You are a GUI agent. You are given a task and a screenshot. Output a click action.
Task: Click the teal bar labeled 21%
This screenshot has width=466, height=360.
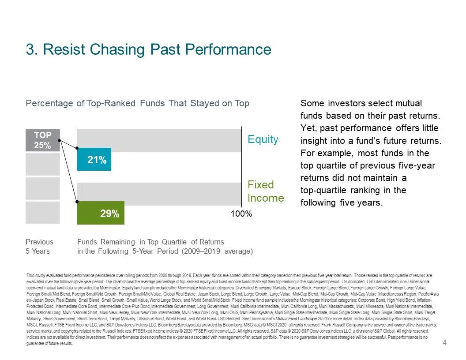(x=94, y=159)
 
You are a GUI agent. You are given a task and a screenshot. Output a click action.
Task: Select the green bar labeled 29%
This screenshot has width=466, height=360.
(x=101, y=213)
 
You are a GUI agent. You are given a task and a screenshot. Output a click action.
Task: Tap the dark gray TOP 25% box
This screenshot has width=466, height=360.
(x=42, y=140)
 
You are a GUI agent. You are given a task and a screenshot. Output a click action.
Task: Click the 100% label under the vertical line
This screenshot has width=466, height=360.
(x=241, y=214)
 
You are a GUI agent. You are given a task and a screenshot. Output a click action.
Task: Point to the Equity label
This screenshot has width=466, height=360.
(x=263, y=139)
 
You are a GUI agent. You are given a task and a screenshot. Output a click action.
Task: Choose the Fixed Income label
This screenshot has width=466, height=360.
(x=265, y=191)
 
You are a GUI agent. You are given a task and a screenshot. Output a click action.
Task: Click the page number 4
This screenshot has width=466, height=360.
(x=444, y=343)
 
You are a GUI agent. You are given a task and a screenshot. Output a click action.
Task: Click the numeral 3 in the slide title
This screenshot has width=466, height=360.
(x=30, y=49)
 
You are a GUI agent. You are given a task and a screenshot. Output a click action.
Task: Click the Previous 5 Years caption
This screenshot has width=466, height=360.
(x=39, y=246)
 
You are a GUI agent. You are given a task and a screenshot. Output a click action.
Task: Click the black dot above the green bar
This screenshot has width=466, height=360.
(x=78, y=202)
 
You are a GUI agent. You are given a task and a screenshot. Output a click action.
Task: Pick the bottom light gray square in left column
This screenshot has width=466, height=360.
(x=42, y=213)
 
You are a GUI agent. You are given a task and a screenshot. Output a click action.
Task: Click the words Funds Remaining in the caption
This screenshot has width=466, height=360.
(x=106, y=242)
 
